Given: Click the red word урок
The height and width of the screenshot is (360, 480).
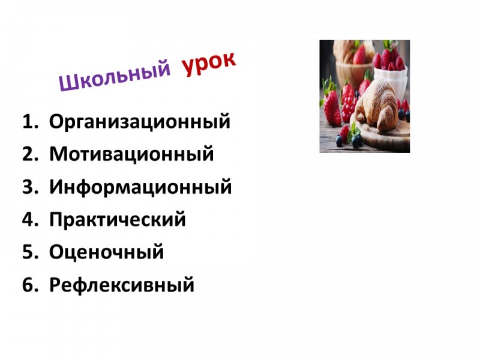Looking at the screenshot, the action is click(x=209, y=64).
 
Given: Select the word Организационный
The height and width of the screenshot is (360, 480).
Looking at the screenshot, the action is click(x=140, y=122).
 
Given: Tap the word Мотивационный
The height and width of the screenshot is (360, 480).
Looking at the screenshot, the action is click(x=131, y=154).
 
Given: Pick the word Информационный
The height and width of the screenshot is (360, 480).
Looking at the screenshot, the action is click(x=140, y=187).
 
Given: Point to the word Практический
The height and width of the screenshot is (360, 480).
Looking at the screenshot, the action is click(x=118, y=219).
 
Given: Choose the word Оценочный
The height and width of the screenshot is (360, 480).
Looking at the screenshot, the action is click(x=107, y=252).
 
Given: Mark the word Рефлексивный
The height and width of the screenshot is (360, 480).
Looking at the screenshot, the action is click(x=122, y=285).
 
